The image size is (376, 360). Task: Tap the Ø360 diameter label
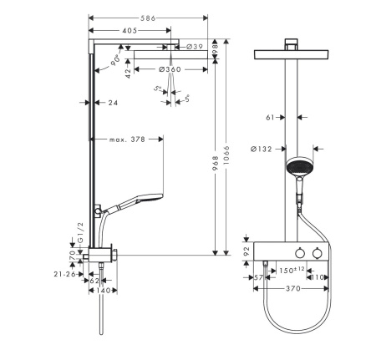tap(170, 69)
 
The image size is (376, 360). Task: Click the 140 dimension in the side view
tap(104, 291)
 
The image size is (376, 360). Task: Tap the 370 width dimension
tap(292, 290)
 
